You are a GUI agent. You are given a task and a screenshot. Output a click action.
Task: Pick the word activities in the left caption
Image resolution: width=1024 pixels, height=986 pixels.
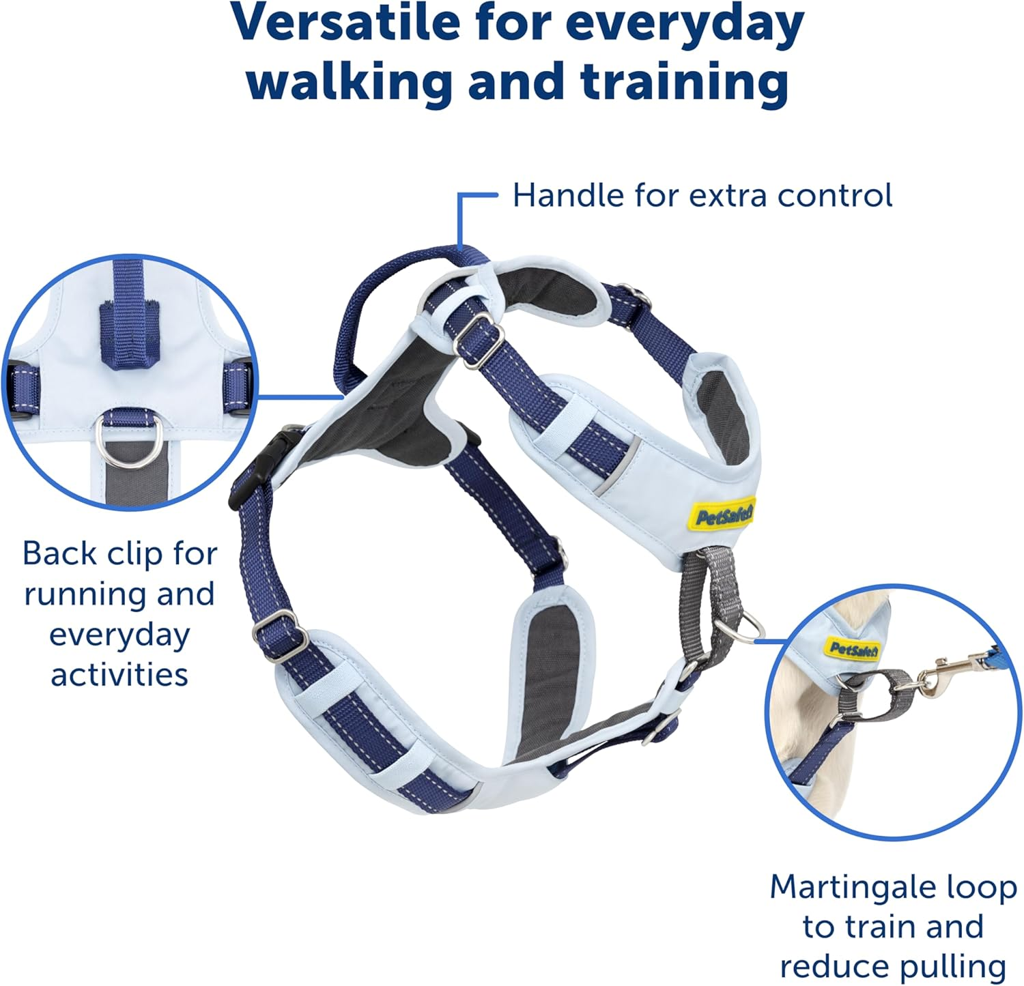click(119, 674)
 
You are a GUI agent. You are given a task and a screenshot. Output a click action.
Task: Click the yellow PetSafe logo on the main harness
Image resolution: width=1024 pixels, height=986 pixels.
click(723, 515)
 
